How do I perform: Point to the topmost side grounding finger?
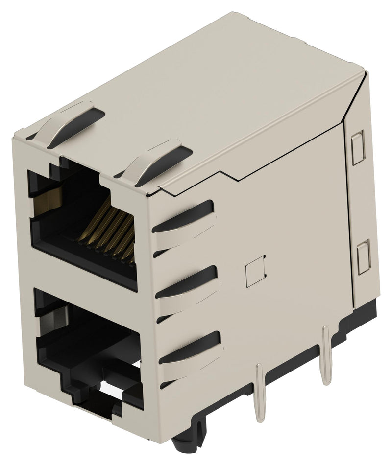[184, 218]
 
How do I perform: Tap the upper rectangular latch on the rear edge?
[358, 147]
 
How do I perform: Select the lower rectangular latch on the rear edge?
[364, 257]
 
